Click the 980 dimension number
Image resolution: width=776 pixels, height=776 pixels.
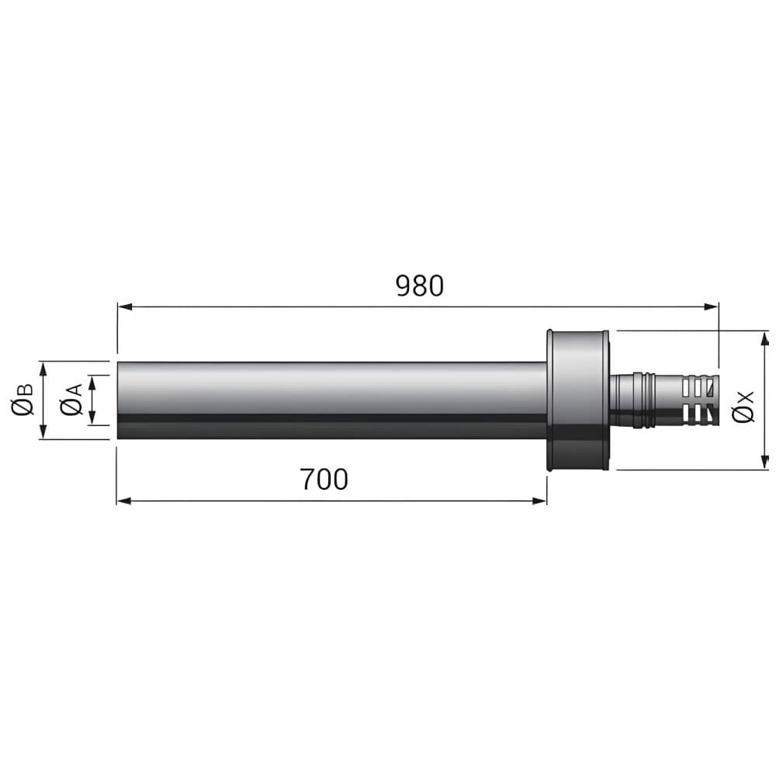420,286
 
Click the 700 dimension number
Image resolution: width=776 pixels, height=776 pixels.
324,480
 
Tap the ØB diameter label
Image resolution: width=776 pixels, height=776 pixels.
23,400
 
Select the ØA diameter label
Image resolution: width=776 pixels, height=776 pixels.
71,400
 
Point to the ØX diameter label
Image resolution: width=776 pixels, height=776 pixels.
743,407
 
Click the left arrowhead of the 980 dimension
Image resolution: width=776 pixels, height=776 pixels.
124,307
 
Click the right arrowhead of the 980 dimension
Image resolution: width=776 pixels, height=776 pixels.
711,307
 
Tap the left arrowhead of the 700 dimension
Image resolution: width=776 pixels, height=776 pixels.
123,501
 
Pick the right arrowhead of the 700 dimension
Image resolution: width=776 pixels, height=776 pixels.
539,501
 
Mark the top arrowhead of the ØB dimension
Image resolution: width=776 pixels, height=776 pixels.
43,369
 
